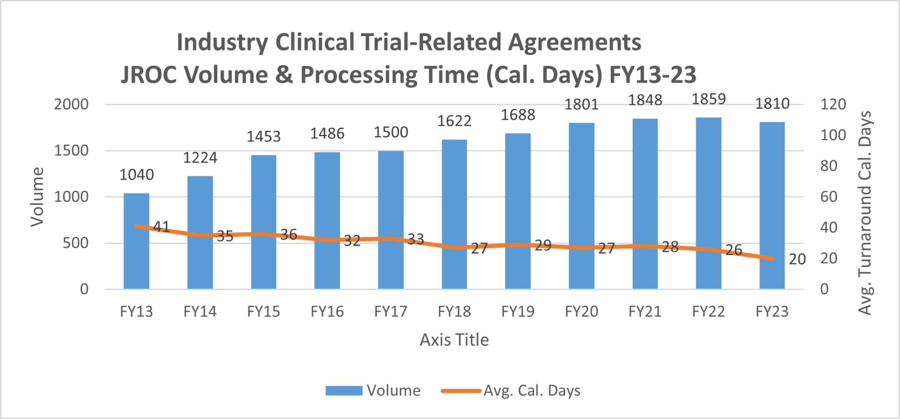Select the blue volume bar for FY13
coord(136,255)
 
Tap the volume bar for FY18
coord(454,198)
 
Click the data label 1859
coord(709,99)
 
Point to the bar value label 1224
coord(200,158)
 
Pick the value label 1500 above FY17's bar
coord(391,132)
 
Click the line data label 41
coord(161,227)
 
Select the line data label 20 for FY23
coord(797,260)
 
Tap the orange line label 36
coord(289,235)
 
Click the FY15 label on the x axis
coord(263,311)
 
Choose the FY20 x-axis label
coord(581,311)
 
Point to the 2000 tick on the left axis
coord(71,105)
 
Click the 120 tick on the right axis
coord(833,105)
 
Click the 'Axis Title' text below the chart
coord(454,340)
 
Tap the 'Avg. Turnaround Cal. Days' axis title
coord(865,213)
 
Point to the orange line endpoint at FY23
coord(772,258)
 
